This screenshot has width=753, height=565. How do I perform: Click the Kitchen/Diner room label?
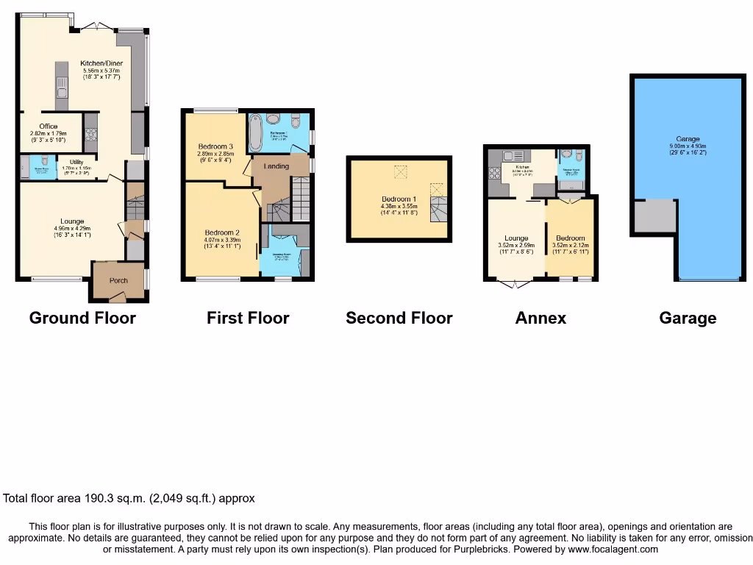[x=101, y=63]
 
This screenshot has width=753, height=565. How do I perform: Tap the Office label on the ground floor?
[x=49, y=127]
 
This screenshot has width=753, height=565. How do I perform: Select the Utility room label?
[x=77, y=162]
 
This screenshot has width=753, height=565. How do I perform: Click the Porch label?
[x=118, y=280]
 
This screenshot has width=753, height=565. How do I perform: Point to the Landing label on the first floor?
[x=276, y=166]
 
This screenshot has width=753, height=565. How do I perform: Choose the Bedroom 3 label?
[x=215, y=147]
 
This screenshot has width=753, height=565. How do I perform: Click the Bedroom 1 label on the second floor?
[x=399, y=199]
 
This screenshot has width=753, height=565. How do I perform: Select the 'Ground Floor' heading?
[x=82, y=318]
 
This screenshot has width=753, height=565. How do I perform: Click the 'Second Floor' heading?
[x=399, y=318]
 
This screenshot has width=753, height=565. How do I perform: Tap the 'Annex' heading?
[x=540, y=318]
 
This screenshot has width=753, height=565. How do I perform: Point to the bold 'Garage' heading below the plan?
[x=688, y=318]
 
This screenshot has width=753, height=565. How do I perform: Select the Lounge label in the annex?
[x=516, y=238]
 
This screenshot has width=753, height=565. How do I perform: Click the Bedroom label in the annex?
[x=570, y=238]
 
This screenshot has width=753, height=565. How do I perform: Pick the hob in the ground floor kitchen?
[x=91, y=134]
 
